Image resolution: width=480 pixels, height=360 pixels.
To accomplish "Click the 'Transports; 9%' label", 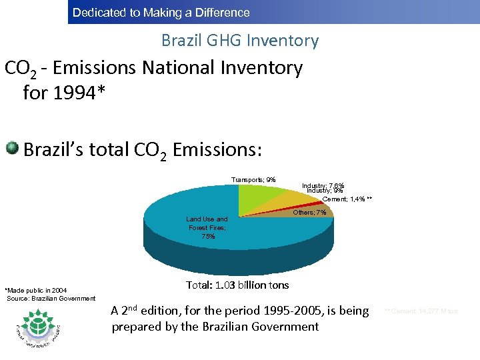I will point(253,179).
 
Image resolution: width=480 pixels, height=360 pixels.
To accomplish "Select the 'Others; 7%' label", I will point(310,212).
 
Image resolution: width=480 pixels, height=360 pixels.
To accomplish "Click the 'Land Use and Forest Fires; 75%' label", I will point(207,227).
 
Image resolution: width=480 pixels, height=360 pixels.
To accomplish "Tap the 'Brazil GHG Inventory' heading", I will point(240,41).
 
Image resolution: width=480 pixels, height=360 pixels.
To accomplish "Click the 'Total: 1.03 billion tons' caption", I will point(237,285).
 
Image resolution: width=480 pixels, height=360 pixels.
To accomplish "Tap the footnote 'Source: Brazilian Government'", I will point(51,298).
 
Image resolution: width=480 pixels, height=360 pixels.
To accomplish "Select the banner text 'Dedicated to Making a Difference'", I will point(161,13).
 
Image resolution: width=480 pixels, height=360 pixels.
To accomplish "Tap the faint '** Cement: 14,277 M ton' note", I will point(421,311).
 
